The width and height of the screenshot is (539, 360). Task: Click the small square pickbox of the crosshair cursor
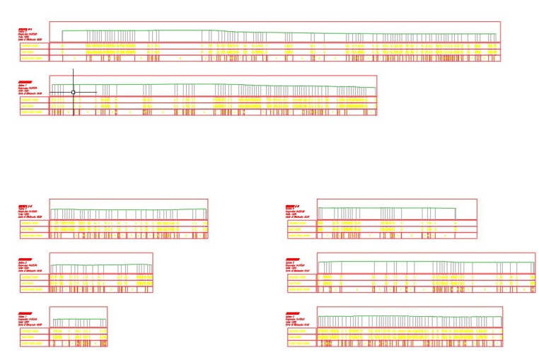click(x=73, y=92)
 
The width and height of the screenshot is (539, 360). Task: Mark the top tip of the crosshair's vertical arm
click(x=73, y=69)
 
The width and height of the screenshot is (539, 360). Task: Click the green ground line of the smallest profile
click(x=79, y=318)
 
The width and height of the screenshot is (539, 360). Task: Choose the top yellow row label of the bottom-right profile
click(x=300, y=330)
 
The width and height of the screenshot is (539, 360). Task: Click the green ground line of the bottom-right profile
click(x=410, y=316)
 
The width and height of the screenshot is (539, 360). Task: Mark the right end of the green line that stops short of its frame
click(x=456, y=209)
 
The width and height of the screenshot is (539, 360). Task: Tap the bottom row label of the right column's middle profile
click(x=300, y=289)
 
